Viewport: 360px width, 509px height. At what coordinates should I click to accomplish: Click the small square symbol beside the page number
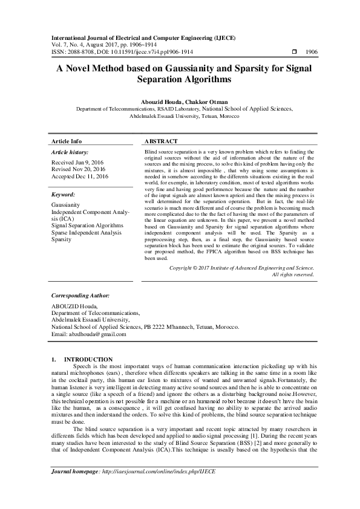click(x=294, y=53)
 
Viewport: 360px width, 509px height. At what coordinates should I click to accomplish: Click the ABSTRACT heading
click(x=161, y=141)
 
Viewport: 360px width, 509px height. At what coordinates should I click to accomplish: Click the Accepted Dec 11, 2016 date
click(x=80, y=177)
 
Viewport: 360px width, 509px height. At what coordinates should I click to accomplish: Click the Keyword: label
click(x=64, y=195)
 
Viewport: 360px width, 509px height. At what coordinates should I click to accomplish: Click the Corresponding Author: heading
click(x=80, y=296)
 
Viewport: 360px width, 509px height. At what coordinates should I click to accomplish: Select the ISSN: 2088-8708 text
click(x=76, y=53)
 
